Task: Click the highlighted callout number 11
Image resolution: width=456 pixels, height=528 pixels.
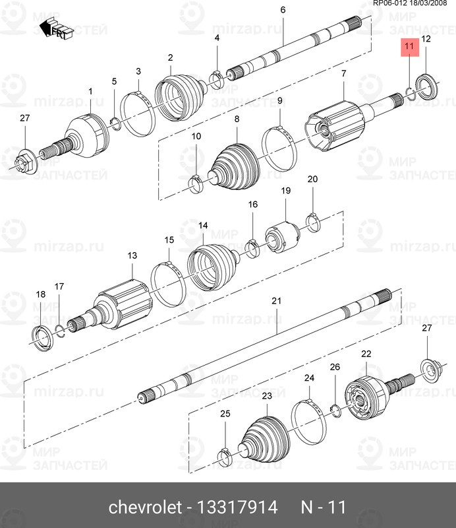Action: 409,46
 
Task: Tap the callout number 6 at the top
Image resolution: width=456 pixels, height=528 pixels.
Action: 283,10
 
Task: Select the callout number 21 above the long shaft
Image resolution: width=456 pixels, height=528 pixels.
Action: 277,301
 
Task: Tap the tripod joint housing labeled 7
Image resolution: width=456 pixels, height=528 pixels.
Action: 335,125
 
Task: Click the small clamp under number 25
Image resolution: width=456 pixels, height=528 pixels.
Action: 225,455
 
